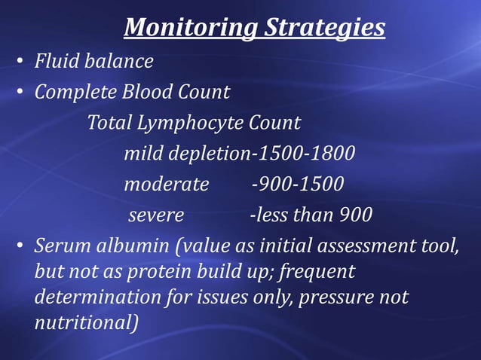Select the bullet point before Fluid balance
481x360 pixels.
click(x=19, y=63)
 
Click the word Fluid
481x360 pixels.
click(x=55, y=61)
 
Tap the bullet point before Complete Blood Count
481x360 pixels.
click(x=19, y=94)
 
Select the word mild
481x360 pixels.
click(x=143, y=154)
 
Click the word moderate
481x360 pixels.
click(x=167, y=185)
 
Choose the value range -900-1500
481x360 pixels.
click(x=297, y=185)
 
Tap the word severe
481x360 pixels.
click(x=156, y=215)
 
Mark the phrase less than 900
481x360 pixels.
click(x=314, y=215)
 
